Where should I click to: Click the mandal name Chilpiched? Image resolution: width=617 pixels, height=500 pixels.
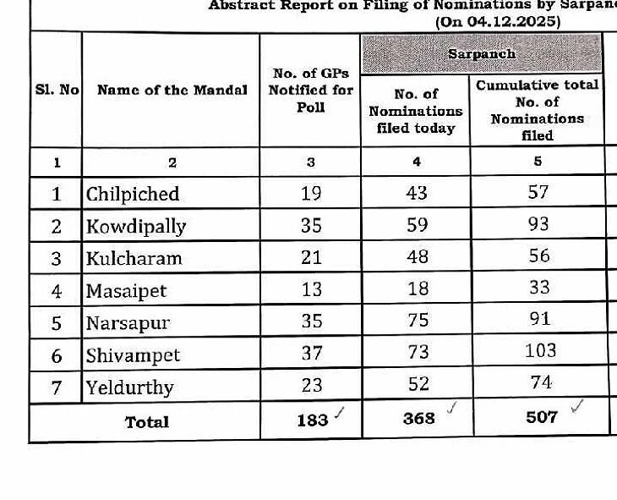pyautogui.click(x=133, y=194)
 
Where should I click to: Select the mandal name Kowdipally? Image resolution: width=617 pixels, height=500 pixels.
pyautogui.click(x=136, y=226)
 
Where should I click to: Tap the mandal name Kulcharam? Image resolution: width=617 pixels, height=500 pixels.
pyautogui.click(x=134, y=258)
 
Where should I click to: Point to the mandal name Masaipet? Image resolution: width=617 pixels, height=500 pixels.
pyautogui.click(x=126, y=291)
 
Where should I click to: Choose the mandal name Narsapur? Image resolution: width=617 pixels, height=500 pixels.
pyautogui.click(x=128, y=323)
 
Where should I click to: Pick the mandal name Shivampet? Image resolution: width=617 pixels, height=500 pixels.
pyautogui.click(x=133, y=355)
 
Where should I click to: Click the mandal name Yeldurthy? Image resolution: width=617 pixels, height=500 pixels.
pyautogui.click(x=129, y=387)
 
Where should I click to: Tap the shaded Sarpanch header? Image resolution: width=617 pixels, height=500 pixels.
pyautogui.click(x=482, y=53)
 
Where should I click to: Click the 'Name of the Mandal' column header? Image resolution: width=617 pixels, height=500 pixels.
pyautogui.click(x=172, y=91)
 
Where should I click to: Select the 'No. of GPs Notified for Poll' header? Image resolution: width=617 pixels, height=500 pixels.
pyautogui.click(x=310, y=91)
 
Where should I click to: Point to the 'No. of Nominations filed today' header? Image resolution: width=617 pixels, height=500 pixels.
pyautogui.click(x=416, y=111)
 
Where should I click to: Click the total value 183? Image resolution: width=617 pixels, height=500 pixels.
pyautogui.click(x=312, y=420)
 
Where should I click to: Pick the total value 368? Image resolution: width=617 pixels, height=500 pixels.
pyautogui.click(x=418, y=418)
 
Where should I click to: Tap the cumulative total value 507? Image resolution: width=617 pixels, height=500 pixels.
pyautogui.click(x=542, y=417)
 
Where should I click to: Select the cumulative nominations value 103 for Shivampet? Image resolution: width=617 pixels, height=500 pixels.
pyautogui.click(x=539, y=350)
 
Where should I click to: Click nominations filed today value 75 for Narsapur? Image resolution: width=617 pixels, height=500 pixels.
pyautogui.click(x=417, y=320)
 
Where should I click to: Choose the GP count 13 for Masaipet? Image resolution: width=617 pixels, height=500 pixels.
pyautogui.click(x=311, y=289)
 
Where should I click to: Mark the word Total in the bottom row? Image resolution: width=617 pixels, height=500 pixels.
pyautogui.click(x=147, y=421)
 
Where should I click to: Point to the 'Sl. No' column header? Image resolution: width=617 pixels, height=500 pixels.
pyautogui.click(x=57, y=91)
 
